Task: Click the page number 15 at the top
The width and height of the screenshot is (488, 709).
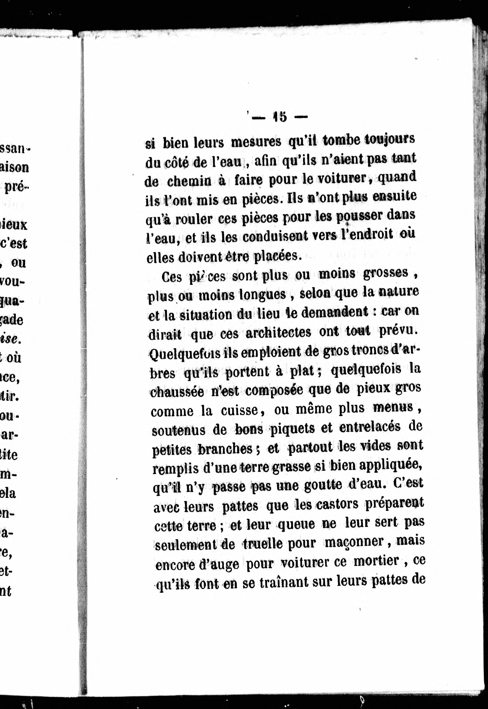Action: [x=280, y=117]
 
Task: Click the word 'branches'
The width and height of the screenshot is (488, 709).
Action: [x=225, y=449]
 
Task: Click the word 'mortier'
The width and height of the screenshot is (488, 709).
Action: [x=377, y=561]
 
